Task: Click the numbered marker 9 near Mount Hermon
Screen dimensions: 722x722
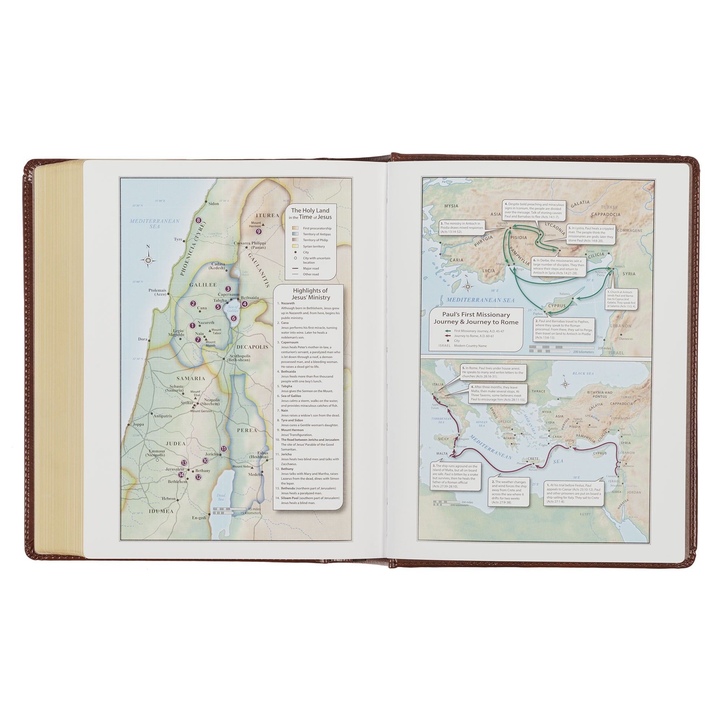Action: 258,231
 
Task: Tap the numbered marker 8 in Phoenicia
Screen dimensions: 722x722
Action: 199,221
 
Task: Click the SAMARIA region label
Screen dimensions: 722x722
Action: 191,378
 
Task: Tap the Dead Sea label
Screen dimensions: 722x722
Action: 221,497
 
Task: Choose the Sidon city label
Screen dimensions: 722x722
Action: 213,204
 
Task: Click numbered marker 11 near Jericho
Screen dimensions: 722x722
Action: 224,448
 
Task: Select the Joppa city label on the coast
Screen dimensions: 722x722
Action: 138,425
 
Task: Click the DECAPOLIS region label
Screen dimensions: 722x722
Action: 252,347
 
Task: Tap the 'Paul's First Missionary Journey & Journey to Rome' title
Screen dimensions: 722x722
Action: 476,318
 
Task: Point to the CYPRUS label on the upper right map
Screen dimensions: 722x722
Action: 557,305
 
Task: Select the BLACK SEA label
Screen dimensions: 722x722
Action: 583,373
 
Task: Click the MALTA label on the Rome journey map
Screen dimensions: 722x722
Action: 442,454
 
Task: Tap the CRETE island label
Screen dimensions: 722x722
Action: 533,458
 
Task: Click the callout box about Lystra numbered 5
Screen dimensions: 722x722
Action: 591,234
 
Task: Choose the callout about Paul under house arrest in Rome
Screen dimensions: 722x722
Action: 492,373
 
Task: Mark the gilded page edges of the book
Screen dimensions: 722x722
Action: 60,359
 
